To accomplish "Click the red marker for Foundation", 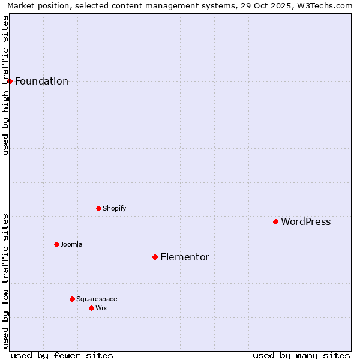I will [10, 81].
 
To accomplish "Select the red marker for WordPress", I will [275, 221].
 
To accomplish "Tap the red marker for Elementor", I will [155, 257].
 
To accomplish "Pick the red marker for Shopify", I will [98, 208].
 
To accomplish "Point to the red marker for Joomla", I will [56, 244].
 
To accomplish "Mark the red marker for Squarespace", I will [72, 299].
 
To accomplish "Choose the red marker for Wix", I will [91, 308].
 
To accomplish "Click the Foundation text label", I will [41, 82].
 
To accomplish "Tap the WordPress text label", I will [305, 222].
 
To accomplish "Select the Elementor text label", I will [184, 257].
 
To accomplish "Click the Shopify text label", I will [114, 209].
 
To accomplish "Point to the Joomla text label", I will [71, 245].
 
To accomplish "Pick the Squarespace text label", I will [97, 299].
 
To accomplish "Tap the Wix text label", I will [101, 308].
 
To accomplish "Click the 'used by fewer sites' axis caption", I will [62, 355].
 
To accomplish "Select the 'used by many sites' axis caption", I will [301, 355].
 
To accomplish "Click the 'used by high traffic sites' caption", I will [5, 85].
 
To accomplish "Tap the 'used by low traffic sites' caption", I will [5, 281].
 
